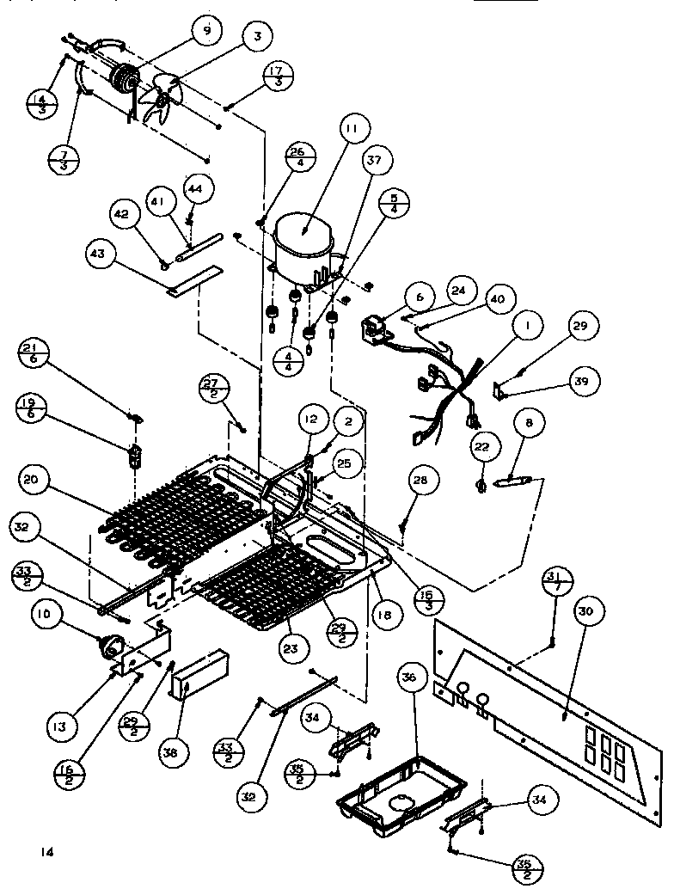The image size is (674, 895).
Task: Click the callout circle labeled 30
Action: (585, 611)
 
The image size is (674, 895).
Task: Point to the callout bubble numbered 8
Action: (529, 423)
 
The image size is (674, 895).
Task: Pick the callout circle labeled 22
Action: (482, 447)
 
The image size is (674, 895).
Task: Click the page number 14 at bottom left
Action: (46, 852)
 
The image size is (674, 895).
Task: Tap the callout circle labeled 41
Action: (158, 200)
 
